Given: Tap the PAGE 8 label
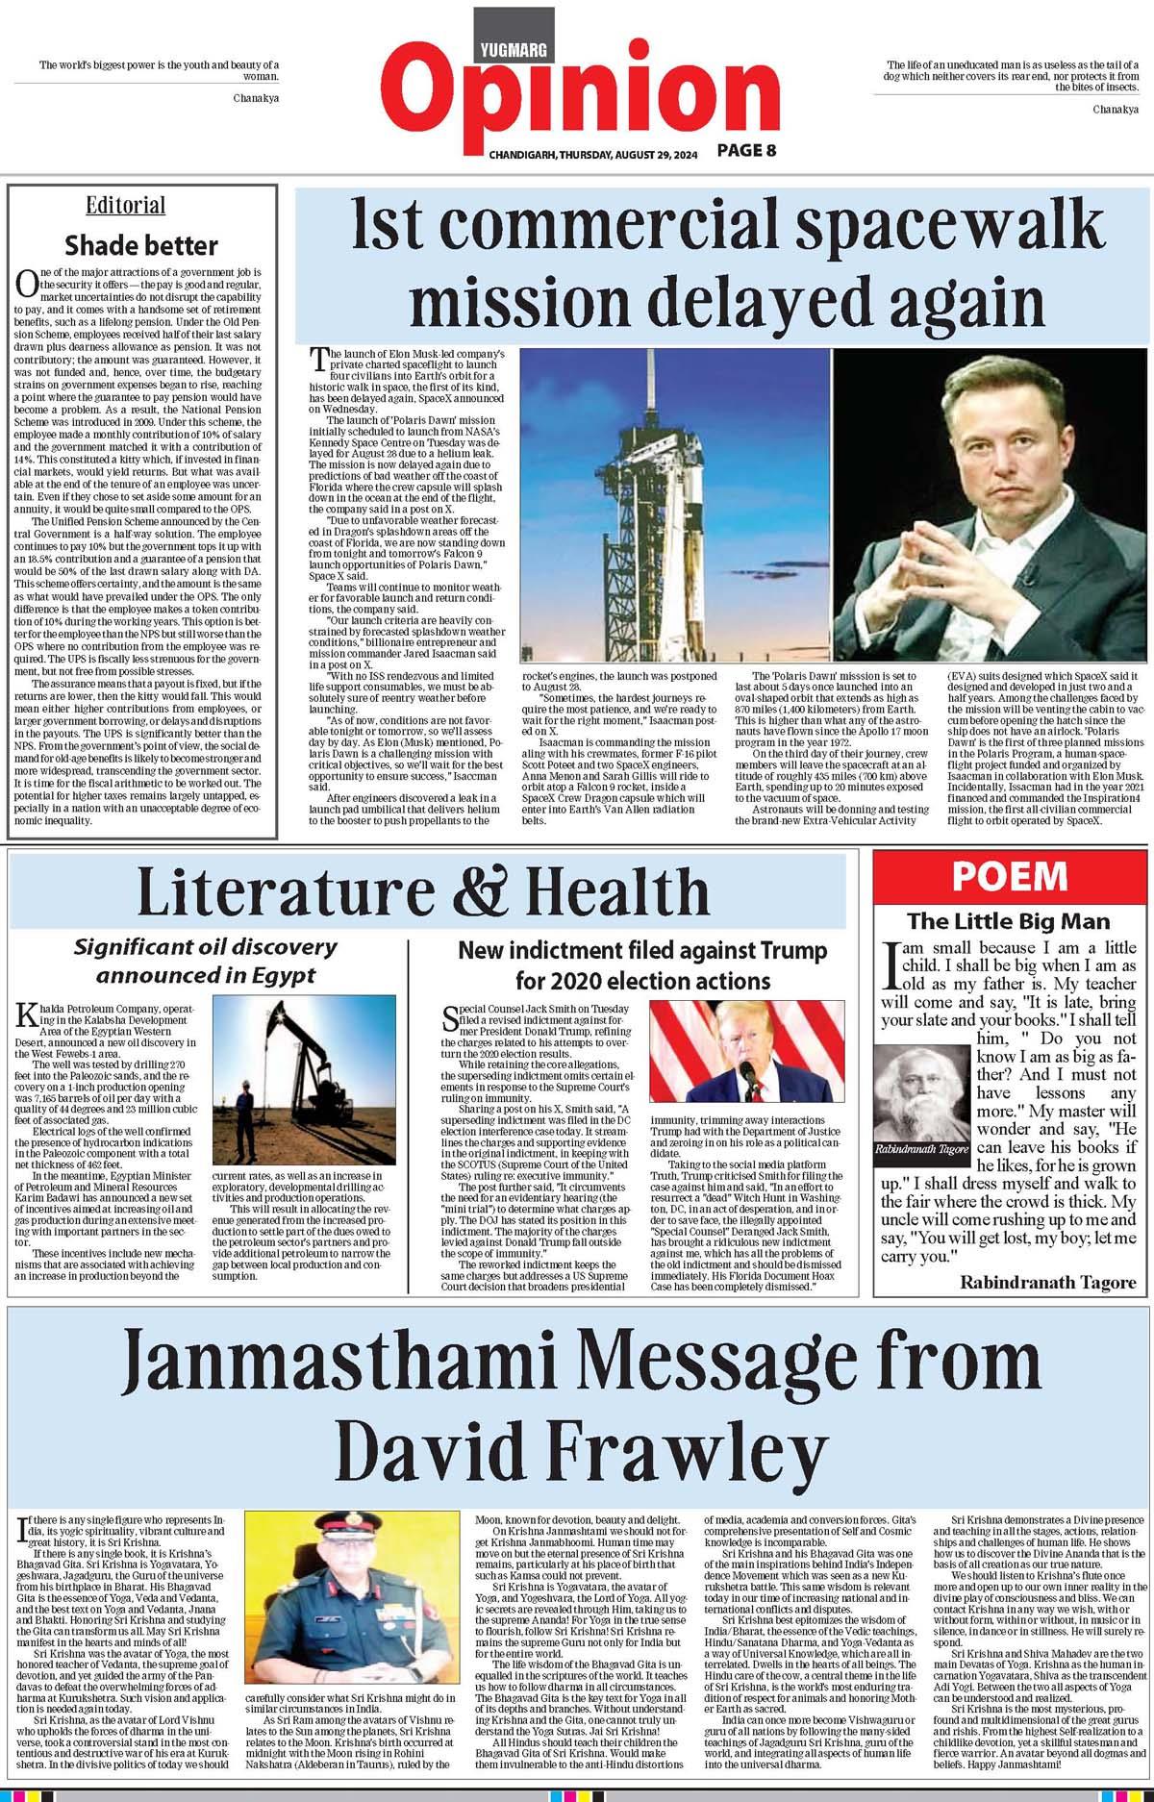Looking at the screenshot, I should pyautogui.click(x=746, y=150).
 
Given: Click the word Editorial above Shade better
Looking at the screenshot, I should pyautogui.click(x=125, y=206).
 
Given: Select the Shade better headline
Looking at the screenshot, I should pyautogui.click(x=140, y=245).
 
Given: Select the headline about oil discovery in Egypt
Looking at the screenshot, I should pyautogui.click(x=206, y=961).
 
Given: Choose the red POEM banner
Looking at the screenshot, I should pyautogui.click(x=1009, y=875).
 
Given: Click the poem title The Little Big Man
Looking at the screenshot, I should pyautogui.click(x=1008, y=920).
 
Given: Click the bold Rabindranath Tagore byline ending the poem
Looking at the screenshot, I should pyautogui.click(x=1047, y=1282).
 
